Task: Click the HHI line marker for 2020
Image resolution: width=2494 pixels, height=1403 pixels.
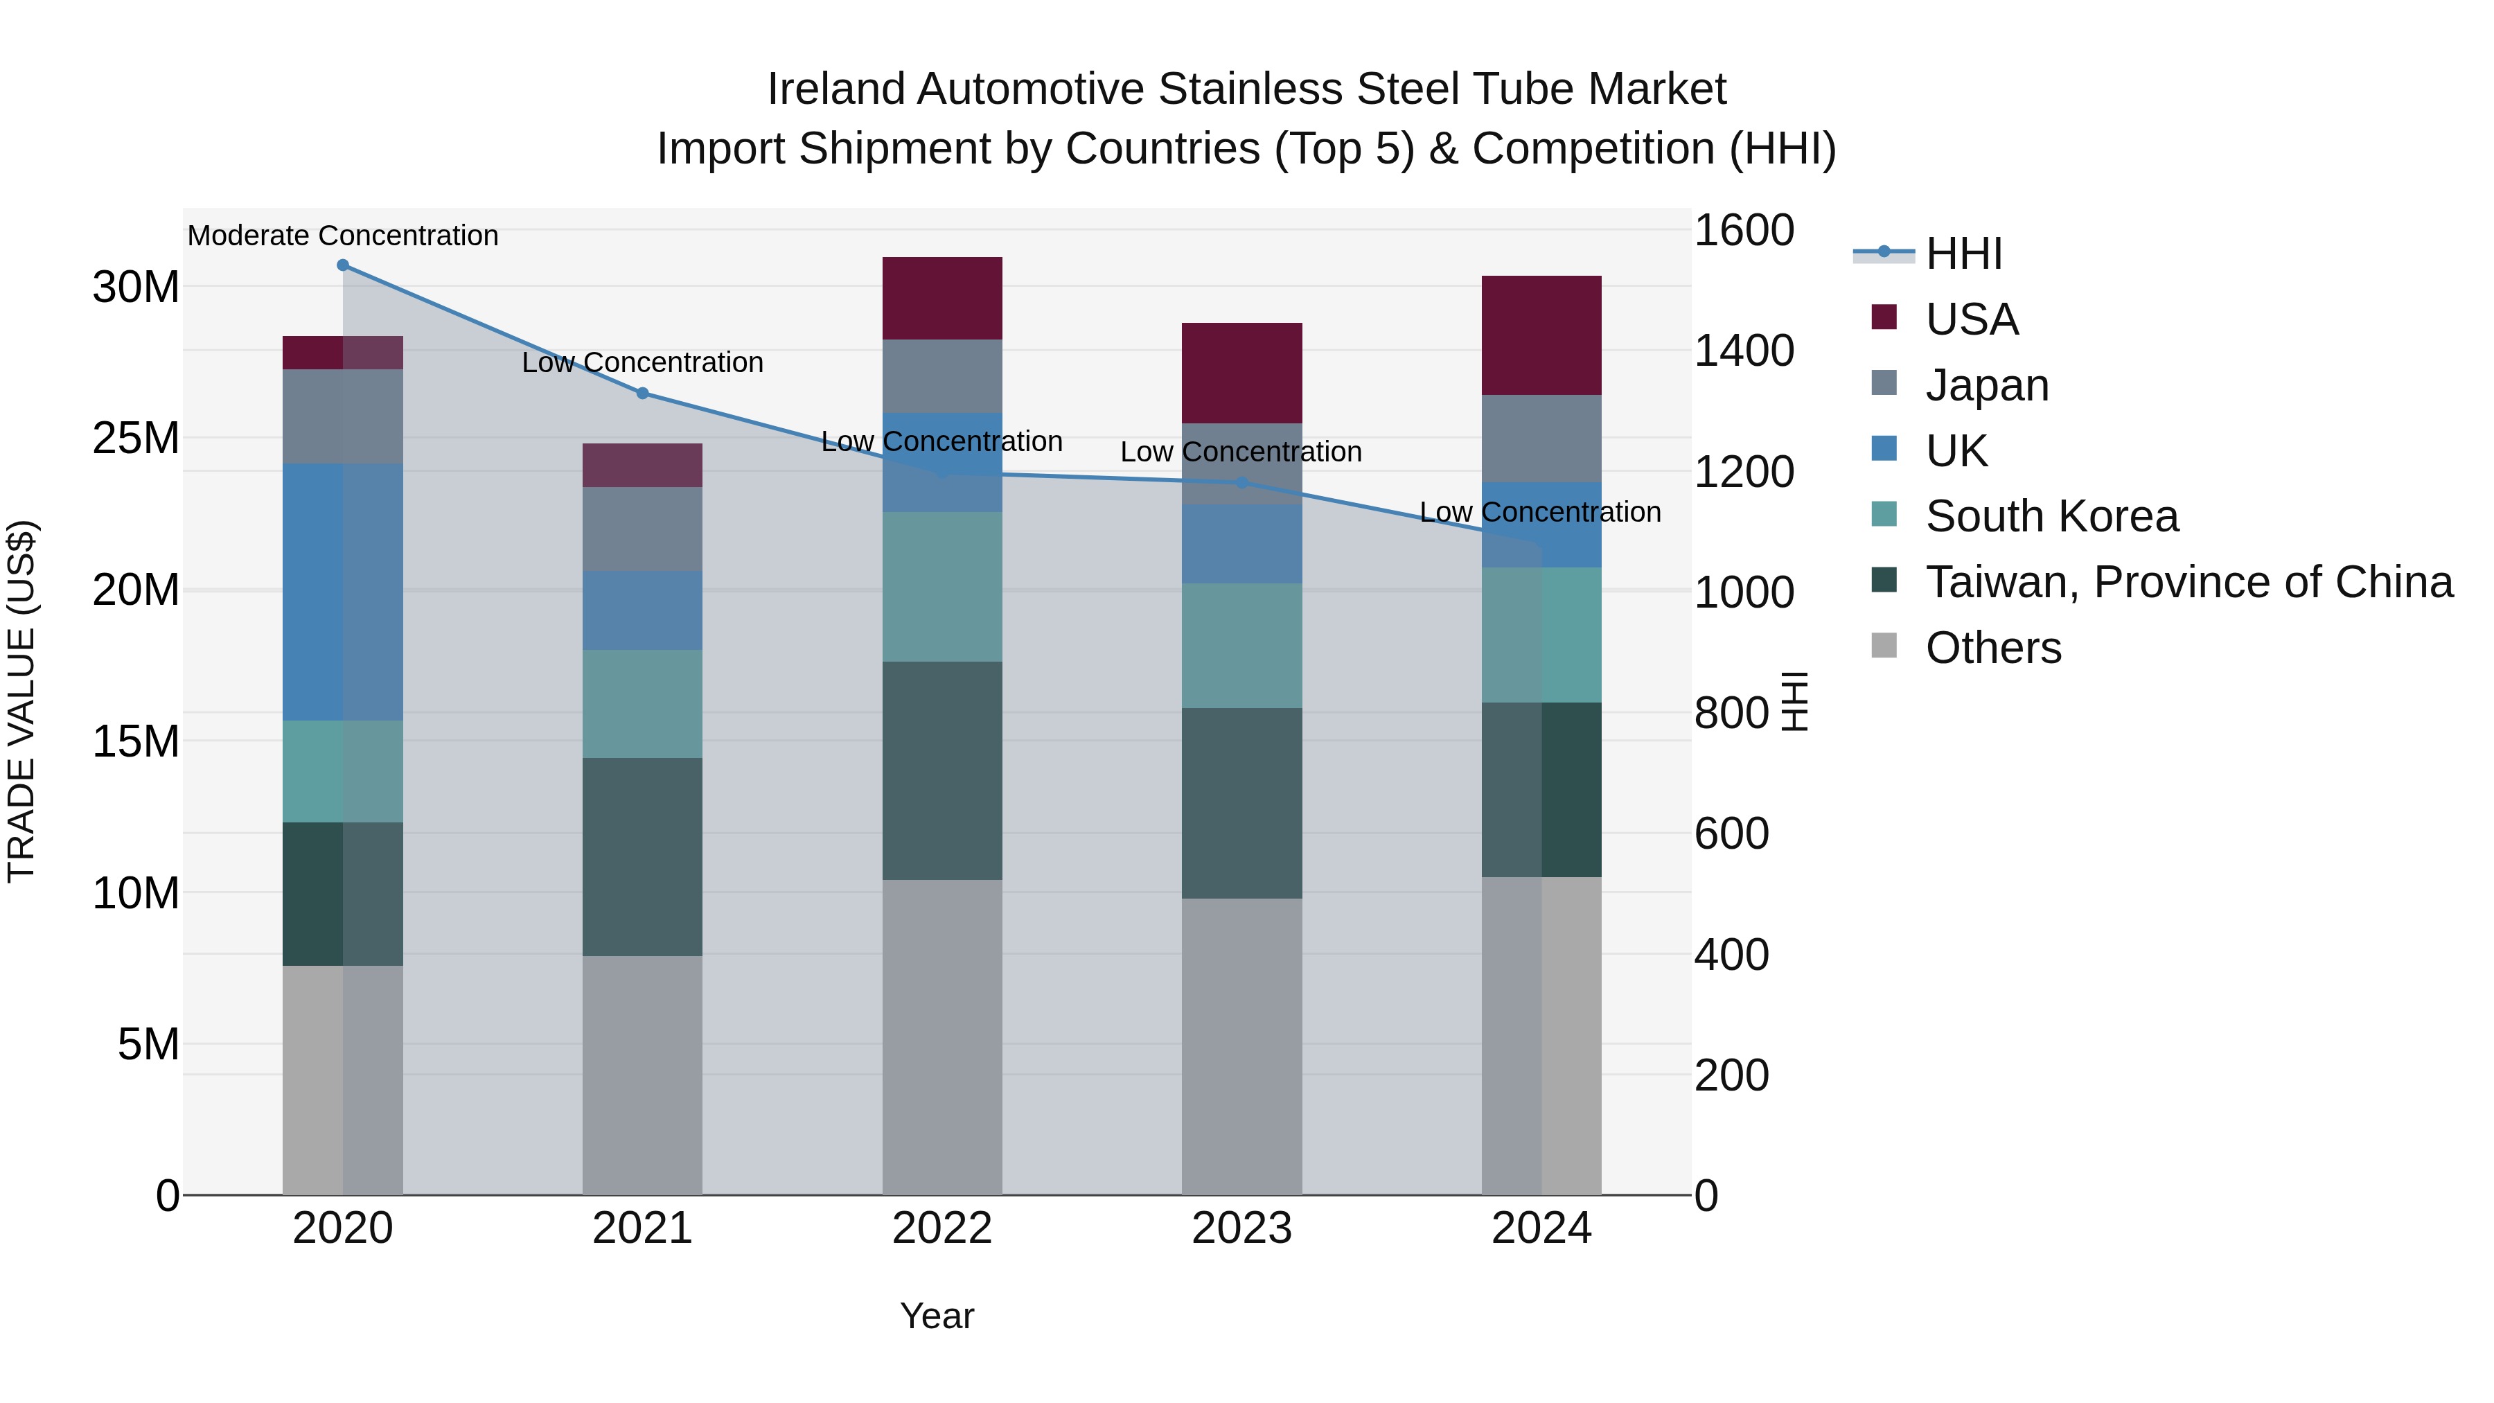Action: [343, 265]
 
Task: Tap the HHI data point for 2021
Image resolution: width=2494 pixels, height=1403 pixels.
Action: [642, 393]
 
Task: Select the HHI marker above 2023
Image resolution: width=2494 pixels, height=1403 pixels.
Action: [1241, 482]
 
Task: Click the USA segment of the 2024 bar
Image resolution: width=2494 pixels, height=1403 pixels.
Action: [1541, 335]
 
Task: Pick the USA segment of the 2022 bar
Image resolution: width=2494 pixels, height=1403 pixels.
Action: [942, 298]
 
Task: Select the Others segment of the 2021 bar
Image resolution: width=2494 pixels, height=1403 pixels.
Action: [642, 1075]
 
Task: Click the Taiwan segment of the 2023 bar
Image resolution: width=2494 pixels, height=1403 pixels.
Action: [1241, 803]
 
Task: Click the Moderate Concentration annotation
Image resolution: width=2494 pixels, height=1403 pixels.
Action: [343, 236]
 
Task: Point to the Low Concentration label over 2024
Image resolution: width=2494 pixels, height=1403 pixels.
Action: [1539, 512]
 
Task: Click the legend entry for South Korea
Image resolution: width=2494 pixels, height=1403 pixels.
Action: [2051, 516]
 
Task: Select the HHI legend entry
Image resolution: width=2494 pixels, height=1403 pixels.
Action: [1963, 254]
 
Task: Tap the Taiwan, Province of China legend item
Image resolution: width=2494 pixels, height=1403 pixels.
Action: [2188, 582]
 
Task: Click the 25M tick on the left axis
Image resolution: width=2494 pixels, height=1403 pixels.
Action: [136, 439]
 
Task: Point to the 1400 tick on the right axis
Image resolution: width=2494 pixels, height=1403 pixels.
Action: [1743, 351]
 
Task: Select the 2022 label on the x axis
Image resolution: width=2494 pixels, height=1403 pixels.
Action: [942, 1228]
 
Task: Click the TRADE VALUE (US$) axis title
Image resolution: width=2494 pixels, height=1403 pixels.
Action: [21, 701]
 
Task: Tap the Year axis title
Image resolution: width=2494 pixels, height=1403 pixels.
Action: [936, 1316]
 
